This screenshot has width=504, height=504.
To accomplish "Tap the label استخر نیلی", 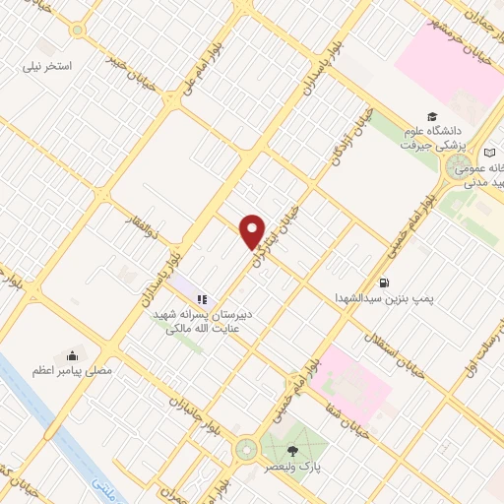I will pyautogui.click(x=53, y=67).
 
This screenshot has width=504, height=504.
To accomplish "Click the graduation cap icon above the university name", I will pyautogui.click(x=433, y=115).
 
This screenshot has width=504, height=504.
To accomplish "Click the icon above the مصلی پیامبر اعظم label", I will pyautogui.click(x=71, y=355).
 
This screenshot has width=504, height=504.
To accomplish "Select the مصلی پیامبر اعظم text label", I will pyautogui.click(x=71, y=371).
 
